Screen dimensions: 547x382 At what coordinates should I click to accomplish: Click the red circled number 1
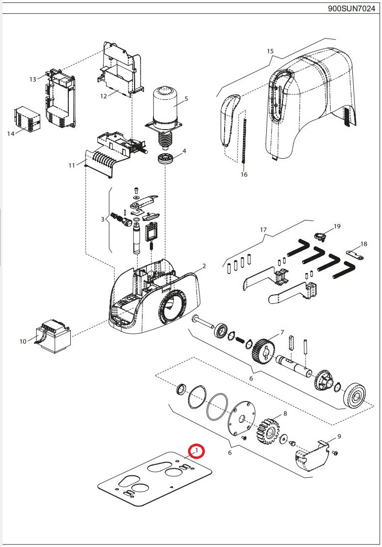pyautogui.click(x=197, y=451)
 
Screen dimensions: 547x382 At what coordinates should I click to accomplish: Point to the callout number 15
pyautogui.click(x=270, y=51)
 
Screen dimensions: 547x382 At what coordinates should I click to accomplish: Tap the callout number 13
pyautogui.click(x=33, y=79)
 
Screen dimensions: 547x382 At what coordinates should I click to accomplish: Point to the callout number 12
pyautogui.click(x=103, y=96)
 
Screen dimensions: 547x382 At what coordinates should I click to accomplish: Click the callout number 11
pyautogui.click(x=72, y=165)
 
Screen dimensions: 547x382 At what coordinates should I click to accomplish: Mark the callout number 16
pyautogui.click(x=243, y=175)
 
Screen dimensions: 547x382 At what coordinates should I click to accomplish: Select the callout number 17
pyautogui.click(x=263, y=229)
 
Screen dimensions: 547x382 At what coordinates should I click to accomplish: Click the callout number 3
pyautogui.click(x=103, y=219)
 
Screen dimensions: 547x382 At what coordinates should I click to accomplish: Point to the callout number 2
pyautogui.click(x=203, y=266)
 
